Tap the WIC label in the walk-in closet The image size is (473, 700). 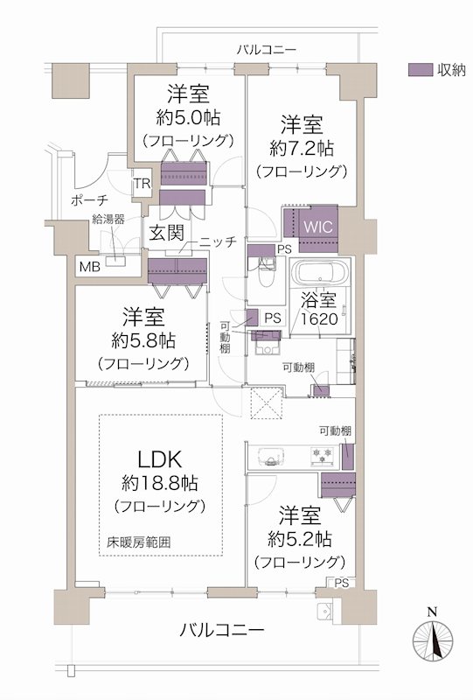pyautogui.click(x=316, y=224)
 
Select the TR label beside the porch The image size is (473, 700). pyautogui.click(x=140, y=185)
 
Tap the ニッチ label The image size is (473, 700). pyautogui.click(x=217, y=242)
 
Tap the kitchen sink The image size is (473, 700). pyautogui.click(x=270, y=455)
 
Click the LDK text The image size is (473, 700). pyautogui.click(x=159, y=458)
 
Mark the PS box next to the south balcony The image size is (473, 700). pyautogui.click(x=340, y=583)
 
